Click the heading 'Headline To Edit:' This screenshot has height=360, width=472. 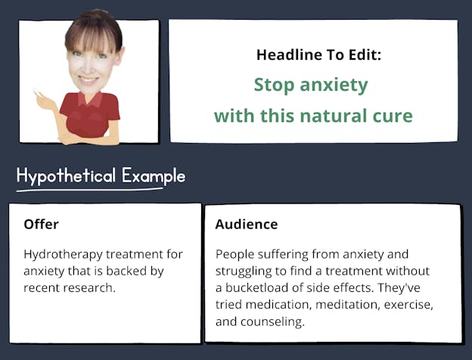(x=318, y=55)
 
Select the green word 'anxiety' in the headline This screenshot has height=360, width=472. (x=334, y=85)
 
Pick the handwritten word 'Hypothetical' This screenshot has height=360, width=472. (x=67, y=175)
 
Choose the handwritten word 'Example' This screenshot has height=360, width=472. (x=154, y=175)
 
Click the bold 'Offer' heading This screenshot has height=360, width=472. (x=42, y=225)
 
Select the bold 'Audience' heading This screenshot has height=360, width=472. (x=247, y=225)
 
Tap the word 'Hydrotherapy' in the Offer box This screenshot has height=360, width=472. (x=64, y=255)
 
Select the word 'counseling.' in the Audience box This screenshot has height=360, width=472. (x=272, y=322)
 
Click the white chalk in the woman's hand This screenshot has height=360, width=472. (x=36, y=92)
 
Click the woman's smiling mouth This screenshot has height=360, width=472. (x=88, y=80)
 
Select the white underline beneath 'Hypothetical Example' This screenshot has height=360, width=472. (x=90, y=190)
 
